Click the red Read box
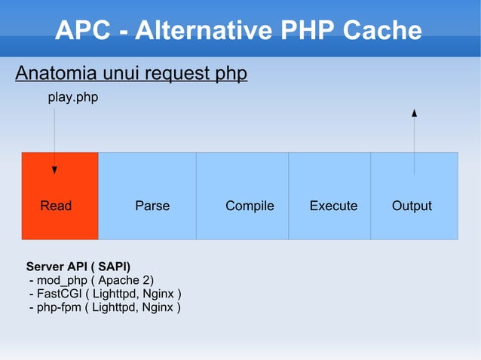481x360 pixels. pyautogui.click(x=60, y=196)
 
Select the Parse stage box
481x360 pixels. pyautogui.click(x=147, y=196)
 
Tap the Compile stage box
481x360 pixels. pyautogui.click(x=242, y=196)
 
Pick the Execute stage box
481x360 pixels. pyautogui.click(x=329, y=196)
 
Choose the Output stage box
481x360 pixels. pyautogui.click(x=414, y=196)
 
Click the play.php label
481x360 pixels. pyautogui.click(x=73, y=98)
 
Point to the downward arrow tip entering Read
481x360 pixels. pyautogui.click(x=54, y=169)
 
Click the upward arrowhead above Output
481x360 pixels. pyautogui.click(x=414, y=113)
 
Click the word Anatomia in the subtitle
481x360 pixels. pyautogui.click(x=55, y=74)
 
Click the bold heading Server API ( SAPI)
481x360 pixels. pyautogui.click(x=78, y=267)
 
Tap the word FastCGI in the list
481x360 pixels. pyautogui.click(x=59, y=294)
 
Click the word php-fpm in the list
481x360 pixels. pyautogui.click(x=57, y=307)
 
